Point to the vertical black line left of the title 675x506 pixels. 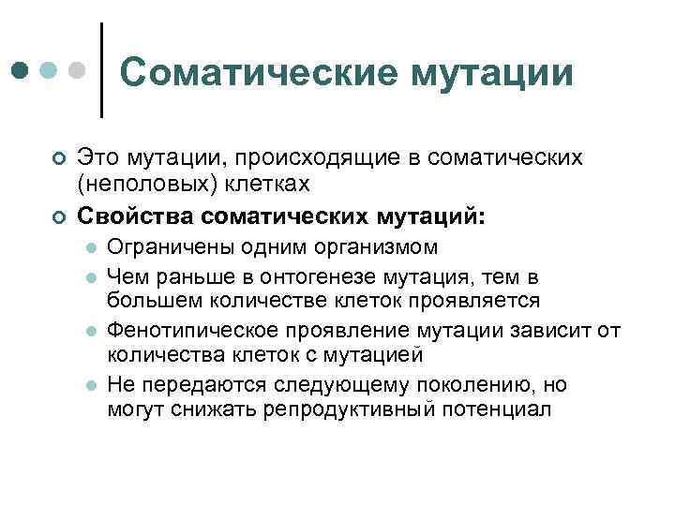[100, 70]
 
